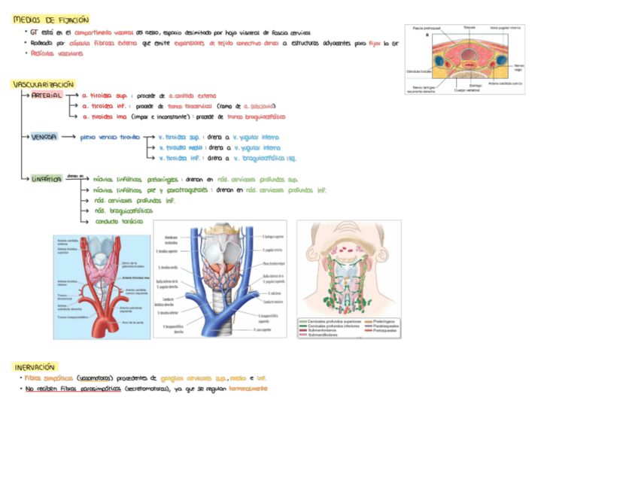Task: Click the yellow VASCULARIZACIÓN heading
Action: click(43, 84)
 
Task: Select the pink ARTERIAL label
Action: click(47, 96)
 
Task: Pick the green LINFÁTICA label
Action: click(47, 179)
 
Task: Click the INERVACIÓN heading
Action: click(35, 366)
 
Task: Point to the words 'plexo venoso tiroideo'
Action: click(110, 138)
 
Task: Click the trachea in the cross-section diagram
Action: click(468, 53)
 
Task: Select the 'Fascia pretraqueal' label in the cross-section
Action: click(426, 28)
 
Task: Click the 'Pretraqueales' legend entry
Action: click(384, 330)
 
